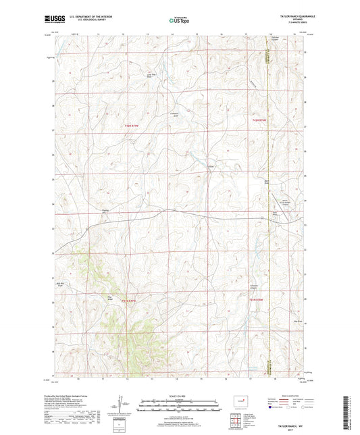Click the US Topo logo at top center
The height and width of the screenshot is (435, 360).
[x=179, y=21]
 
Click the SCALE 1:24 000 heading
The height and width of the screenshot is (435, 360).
[x=180, y=396]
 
